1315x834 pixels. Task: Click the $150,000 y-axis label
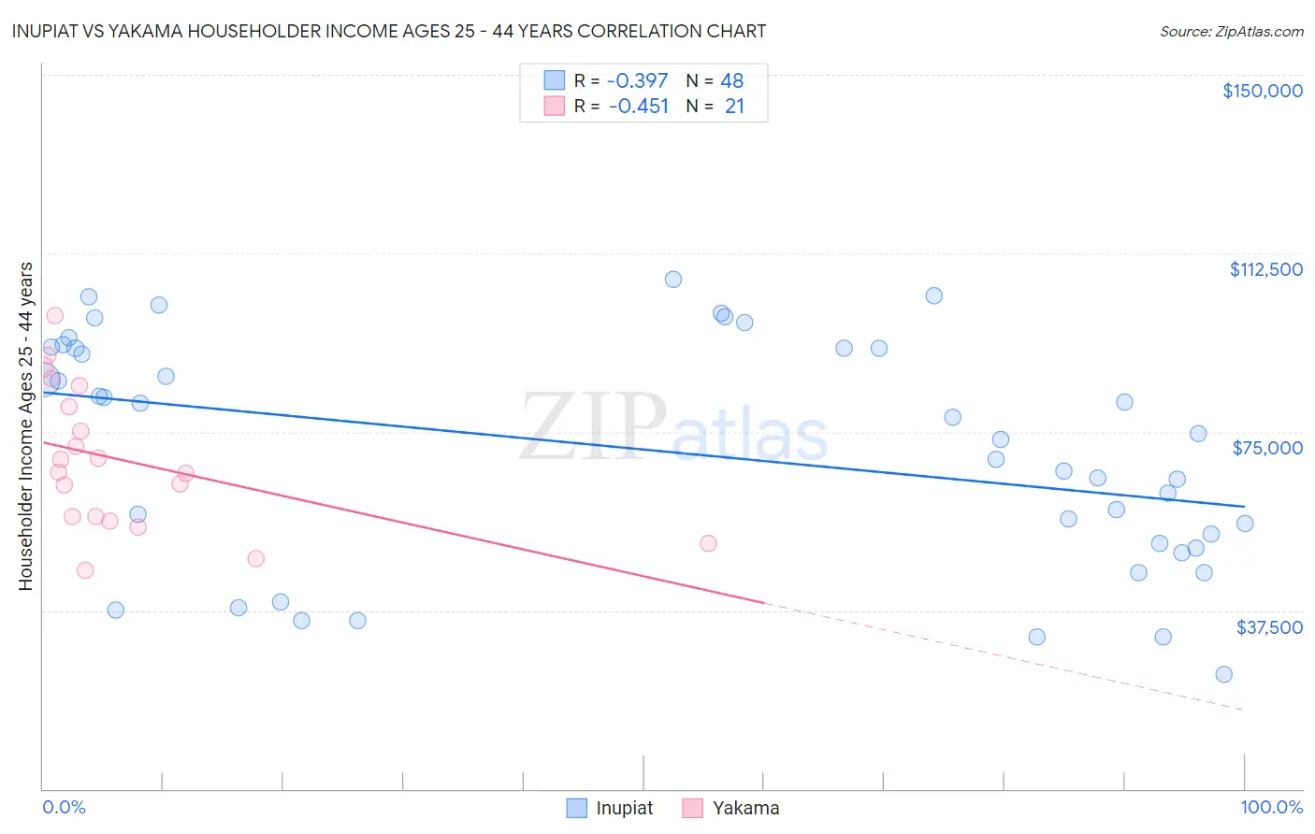coord(1262,91)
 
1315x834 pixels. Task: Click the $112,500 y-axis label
coord(1265,269)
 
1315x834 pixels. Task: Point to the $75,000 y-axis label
coord(1267,448)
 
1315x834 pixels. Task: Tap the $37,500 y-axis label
coord(1268,627)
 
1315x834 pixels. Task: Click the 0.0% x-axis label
coord(64,807)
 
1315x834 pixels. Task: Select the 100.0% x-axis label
coord(1271,807)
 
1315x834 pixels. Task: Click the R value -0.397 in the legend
coord(638,81)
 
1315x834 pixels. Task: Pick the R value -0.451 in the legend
coord(638,107)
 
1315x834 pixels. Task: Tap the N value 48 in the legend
coord(731,81)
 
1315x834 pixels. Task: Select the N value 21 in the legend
coord(734,107)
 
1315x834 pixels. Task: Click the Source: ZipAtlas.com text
coord(1231,32)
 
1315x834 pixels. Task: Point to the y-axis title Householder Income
coord(26,426)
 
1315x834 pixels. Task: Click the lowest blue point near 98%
coord(1223,674)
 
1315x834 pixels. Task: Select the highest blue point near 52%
coord(673,280)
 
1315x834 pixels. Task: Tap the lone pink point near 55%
coord(708,543)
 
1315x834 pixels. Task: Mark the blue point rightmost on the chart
coord(1245,524)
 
